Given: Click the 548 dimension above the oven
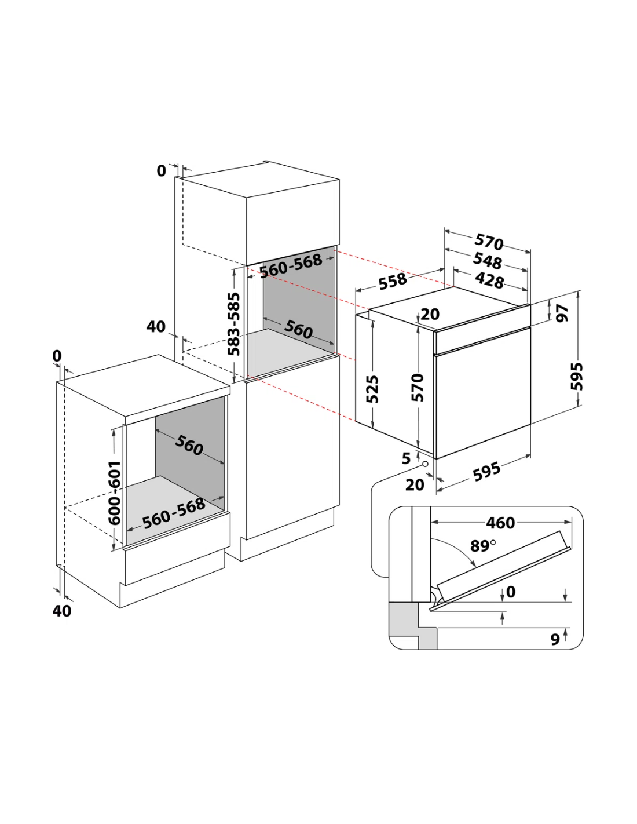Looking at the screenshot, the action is (488, 260).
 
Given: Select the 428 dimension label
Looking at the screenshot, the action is (489, 280).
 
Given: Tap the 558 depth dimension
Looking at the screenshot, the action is (393, 281).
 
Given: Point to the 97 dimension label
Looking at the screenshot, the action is (562, 313).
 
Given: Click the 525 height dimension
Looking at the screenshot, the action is (372, 389).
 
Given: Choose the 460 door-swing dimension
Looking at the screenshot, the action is (500, 523).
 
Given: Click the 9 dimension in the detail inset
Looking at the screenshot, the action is (555, 639).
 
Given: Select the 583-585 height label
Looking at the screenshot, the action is (234, 324).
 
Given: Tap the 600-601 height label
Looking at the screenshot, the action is (115, 493).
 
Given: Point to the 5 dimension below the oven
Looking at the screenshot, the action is (406, 458).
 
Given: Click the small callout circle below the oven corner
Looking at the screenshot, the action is (425, 464).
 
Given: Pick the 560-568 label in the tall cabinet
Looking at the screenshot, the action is (291, 265).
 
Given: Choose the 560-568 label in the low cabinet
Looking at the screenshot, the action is (174, 513).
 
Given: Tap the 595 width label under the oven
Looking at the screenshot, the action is (486, 472).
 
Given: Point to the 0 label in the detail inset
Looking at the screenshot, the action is (511, 592).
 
